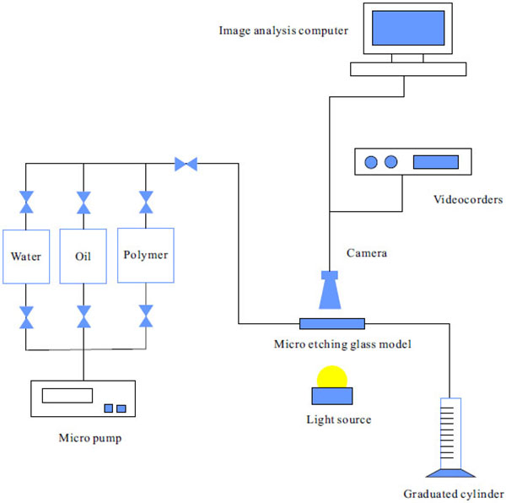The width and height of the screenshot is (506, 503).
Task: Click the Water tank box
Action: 26,256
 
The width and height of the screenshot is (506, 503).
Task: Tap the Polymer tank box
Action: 146,255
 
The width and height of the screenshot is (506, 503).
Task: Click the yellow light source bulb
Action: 331,376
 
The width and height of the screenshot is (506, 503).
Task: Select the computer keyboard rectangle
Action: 406,70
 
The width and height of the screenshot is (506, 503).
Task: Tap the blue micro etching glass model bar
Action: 332,323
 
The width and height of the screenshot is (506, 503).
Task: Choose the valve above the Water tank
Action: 26,203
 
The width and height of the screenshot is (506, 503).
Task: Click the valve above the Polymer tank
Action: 146,203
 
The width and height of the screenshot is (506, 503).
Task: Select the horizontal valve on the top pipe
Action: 186,164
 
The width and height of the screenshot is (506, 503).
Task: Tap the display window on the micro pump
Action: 67,394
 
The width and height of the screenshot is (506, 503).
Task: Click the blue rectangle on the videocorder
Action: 437,162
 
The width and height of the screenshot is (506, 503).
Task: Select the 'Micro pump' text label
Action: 84,437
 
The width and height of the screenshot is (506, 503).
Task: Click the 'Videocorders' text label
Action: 468,200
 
